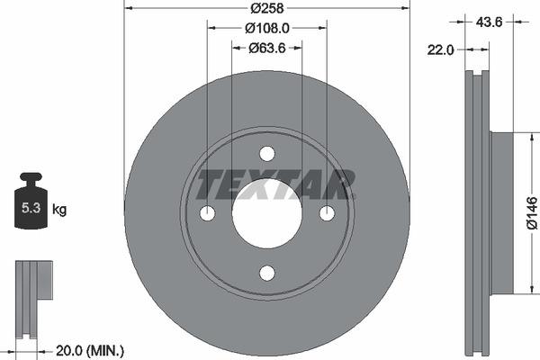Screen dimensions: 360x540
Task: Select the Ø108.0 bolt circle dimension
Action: (266, 28)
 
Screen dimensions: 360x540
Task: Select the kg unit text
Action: (58, 210)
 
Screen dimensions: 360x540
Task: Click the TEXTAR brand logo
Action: (275, 184)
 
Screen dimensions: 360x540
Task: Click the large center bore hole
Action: (266, 212)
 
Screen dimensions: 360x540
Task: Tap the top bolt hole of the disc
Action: (266, 153)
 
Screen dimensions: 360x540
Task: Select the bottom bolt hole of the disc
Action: (266, 273)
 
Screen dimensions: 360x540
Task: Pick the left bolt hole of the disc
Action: (207, 213)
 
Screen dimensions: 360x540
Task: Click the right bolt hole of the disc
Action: (327, 213)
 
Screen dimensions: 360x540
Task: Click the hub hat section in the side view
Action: (500, 213)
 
